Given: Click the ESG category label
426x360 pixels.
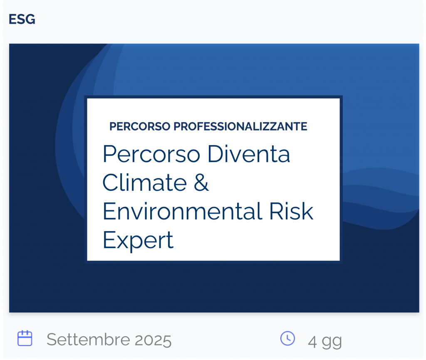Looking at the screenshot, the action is (22, 19).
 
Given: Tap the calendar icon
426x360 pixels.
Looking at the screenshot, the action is (25, 338).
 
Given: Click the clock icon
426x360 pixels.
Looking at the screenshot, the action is (287, 338).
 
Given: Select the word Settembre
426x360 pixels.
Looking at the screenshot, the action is (88, 339).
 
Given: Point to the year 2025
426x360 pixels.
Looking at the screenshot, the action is (153, 340).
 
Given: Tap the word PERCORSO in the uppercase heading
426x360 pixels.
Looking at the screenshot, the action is (140, 126).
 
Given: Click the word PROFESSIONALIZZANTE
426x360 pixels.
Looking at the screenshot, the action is (240, 126).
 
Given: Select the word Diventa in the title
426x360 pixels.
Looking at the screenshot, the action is (249, 154).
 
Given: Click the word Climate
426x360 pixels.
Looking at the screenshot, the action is (144, 182).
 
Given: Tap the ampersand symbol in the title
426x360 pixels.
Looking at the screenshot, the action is (201, 182).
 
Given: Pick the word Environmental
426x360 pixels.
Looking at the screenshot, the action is (183, 211).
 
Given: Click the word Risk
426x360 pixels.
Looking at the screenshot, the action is (291, 211).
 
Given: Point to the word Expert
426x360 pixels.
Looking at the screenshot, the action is (138, 240).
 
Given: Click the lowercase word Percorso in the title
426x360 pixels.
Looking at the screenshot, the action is (151, 154).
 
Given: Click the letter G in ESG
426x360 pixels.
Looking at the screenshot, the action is (30, 19).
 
